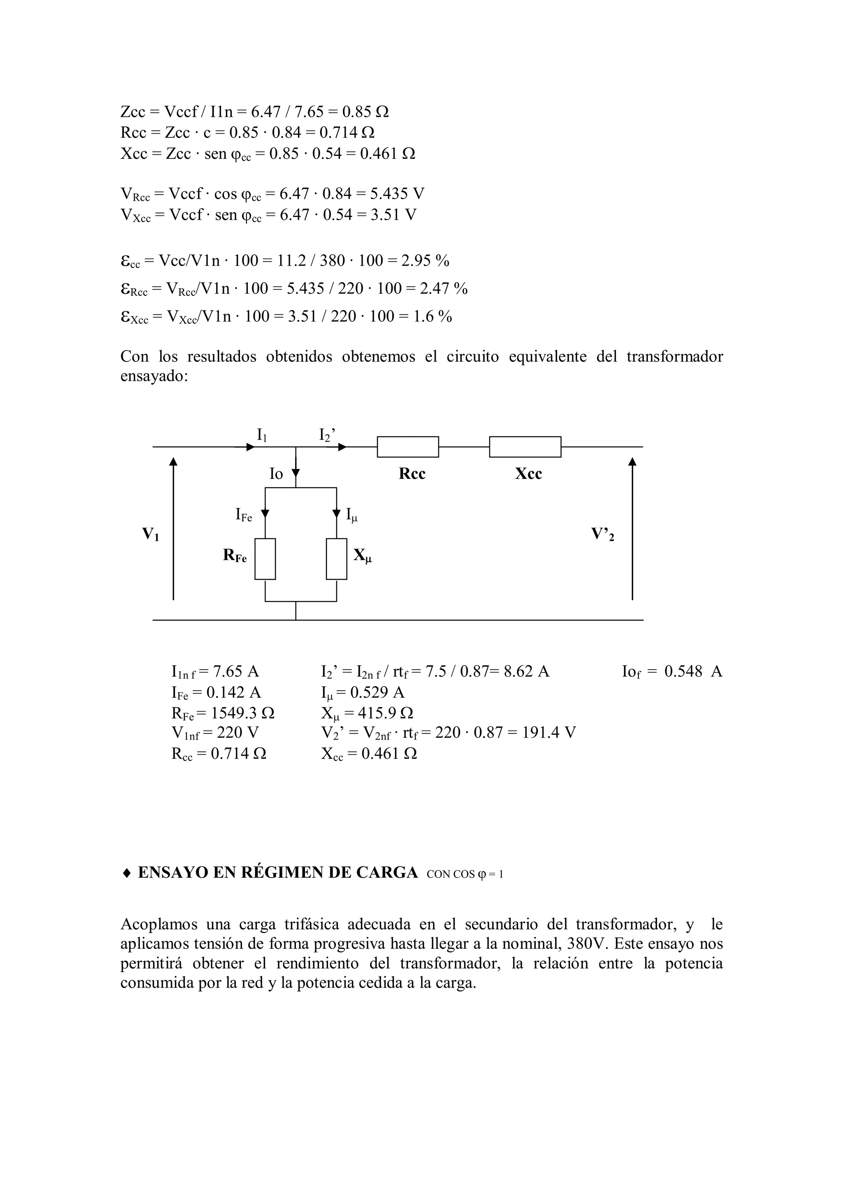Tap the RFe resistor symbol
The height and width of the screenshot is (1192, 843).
pyautogui.click(x=265, y=559)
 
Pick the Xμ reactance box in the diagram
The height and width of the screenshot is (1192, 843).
pyautogui.click(x=337, y=559)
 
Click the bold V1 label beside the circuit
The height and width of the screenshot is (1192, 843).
pyautogui.click(x=151, y=534)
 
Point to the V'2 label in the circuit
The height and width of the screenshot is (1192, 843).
pyautogui.click(x=603, y=534)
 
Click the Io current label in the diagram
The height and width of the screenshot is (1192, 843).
pyautogui.click(x=276, y=473)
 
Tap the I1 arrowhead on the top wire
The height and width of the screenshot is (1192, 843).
pyautogui.click(x=250, y=446)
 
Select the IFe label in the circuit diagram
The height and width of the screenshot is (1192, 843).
pyautogui.click(x=244, y=515)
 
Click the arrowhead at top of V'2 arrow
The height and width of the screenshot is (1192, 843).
pyautogui.click(x=632, y=461)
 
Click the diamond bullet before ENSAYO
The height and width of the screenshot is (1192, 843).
pyautogui.click(x=126, y=873)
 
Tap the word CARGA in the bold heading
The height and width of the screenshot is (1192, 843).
pyautogui.click(x=387, y=873)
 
